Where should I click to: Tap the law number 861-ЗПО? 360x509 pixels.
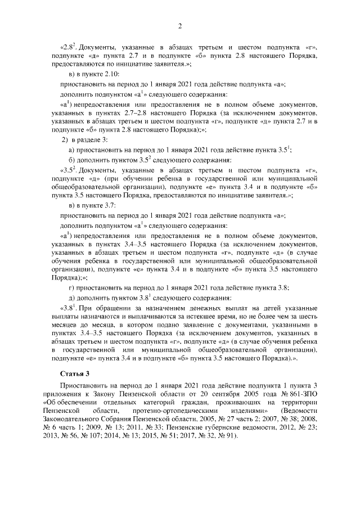(304, 393)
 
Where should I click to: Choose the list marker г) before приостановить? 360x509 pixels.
(71, 288)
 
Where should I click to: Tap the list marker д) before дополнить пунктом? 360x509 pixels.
(71, 298)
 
